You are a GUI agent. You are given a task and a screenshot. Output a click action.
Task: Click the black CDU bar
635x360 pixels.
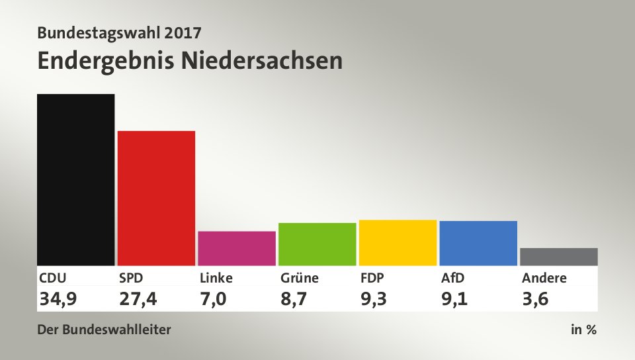[x=75, y=179]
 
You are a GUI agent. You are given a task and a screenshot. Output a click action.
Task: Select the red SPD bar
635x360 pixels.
[x=156, y=198]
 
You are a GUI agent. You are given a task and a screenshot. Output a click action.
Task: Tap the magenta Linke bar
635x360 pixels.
[x=236, y=248]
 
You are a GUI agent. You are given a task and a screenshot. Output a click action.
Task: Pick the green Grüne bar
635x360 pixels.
[x=317, y=244]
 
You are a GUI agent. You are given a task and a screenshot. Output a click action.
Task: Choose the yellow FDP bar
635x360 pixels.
[x=398, y=242]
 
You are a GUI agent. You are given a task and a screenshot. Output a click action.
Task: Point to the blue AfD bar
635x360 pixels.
[x=478, y=243]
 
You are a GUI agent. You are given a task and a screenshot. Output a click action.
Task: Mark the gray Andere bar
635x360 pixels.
[x=558, y=257]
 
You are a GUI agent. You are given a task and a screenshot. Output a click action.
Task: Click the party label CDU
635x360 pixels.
[x=52, y=278]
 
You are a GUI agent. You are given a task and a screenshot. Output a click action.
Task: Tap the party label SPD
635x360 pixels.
[x=131, y=278]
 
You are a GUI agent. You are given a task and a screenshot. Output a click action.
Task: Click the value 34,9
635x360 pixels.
[x=58, y=299]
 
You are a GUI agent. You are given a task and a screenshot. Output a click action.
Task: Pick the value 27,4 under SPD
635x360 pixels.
[x=138, y=299]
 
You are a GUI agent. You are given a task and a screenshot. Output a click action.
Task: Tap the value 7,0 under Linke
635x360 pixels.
[x=213, y=299]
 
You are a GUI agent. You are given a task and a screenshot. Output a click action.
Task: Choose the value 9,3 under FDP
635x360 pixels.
[x=374, y=299]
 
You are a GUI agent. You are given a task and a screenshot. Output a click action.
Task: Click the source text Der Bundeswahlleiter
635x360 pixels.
[x=104, y=330]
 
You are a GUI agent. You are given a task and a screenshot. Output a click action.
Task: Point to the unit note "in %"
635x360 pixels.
[x=583, y=330]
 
